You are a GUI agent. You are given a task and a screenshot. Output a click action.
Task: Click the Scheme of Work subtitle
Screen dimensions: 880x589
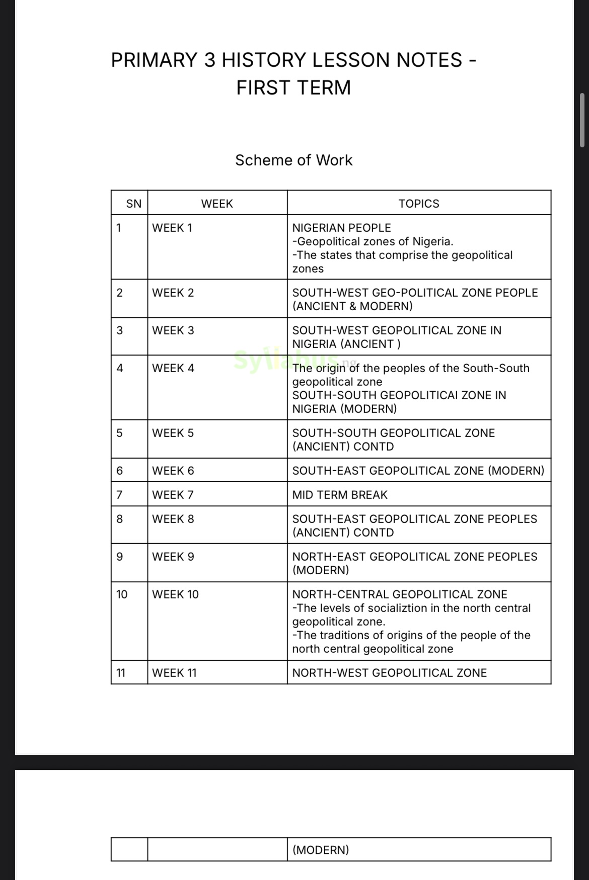pos(293,160)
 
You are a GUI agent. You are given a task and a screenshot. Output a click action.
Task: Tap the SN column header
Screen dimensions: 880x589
pos(133,204)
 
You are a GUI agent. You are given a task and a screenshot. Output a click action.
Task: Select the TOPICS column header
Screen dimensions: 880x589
pos(418,204)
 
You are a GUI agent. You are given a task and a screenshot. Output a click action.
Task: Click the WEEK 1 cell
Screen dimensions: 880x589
pos(172,228)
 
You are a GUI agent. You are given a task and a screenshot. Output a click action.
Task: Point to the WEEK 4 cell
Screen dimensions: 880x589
pos(173,368)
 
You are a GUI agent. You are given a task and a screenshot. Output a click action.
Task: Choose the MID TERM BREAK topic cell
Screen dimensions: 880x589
pos(340,495)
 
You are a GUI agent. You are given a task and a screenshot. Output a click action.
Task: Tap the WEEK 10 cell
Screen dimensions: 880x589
pos(175,594)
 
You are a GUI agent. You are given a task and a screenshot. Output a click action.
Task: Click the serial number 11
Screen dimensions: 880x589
pos(121,673)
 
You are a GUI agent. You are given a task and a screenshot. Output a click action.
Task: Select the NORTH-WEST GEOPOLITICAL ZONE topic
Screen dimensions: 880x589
pos(389,673)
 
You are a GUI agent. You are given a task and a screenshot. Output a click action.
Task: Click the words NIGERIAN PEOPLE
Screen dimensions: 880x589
pos(341,228)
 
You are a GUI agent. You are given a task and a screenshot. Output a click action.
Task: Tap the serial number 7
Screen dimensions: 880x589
pos(119,495)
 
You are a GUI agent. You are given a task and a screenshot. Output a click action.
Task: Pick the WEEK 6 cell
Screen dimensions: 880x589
pos(173,471)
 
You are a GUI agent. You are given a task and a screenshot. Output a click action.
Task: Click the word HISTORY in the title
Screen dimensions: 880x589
pos(264,60)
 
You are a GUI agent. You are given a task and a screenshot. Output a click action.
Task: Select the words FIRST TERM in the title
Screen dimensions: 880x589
pos(293,87)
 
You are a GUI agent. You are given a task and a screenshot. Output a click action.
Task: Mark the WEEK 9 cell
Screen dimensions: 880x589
pos(173,557)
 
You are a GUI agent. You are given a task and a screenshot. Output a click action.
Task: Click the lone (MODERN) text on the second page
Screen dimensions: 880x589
pos(321,850)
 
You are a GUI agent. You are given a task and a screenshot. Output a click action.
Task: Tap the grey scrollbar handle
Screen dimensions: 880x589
pos(582,120)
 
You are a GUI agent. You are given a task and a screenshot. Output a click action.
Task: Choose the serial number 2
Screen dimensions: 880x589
pos(119,293)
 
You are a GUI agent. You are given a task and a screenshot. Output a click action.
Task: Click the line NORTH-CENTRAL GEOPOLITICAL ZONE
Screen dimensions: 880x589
pos(399,594)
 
